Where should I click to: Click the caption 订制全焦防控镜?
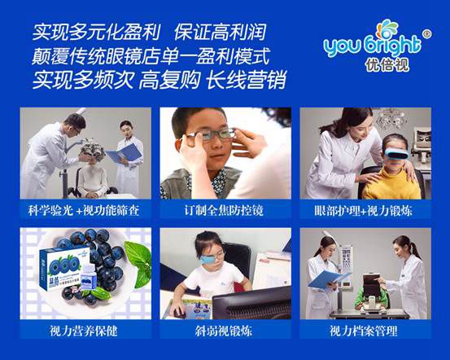224,211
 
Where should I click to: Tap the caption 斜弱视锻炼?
224,331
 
